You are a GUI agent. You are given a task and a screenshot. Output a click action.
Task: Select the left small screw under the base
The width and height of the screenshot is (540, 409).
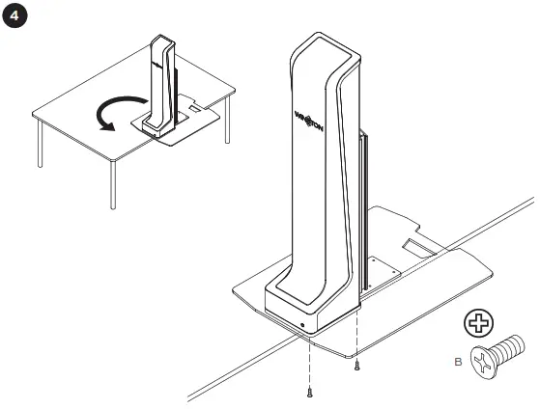coord(309,391)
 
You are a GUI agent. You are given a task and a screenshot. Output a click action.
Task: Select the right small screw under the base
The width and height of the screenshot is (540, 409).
coord(356,365)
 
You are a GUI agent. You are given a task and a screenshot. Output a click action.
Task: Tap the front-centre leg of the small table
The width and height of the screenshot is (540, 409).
coord(114,184)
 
